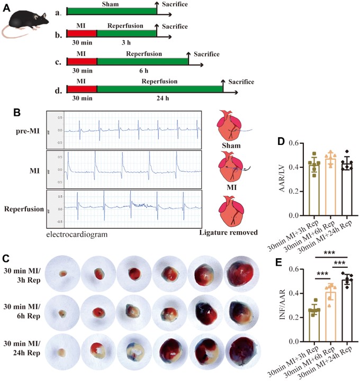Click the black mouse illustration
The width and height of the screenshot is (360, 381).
(x=24, y=24)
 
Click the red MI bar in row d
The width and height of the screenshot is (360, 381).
(x=82, y=87)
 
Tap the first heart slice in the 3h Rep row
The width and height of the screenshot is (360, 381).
(x=62, y=274)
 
